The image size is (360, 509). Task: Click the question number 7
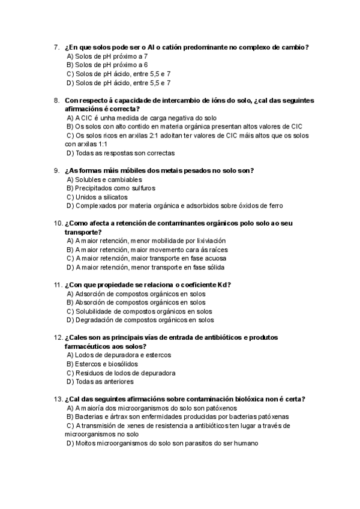pos(56,47)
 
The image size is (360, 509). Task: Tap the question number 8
pos(56,100)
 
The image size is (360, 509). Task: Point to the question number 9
pos(56,170)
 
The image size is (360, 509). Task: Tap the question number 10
pos(58,223)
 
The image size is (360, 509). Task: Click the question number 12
pos(58,337)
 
